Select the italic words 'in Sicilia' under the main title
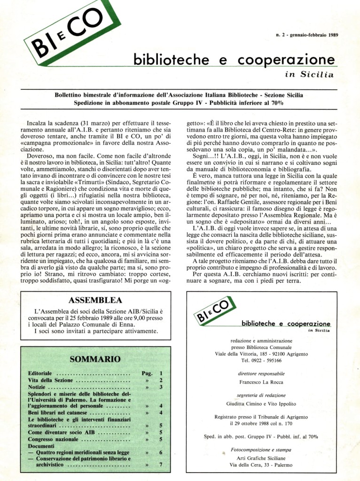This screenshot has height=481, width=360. coord(309,74)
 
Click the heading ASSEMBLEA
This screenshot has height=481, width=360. coord(95,300)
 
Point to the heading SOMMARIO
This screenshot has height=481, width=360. coord(95,359)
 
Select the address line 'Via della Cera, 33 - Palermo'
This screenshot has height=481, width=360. coord(260,465)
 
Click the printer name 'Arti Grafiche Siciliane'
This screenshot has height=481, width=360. coord(260,458)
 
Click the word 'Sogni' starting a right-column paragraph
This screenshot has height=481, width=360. coord(202,156)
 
